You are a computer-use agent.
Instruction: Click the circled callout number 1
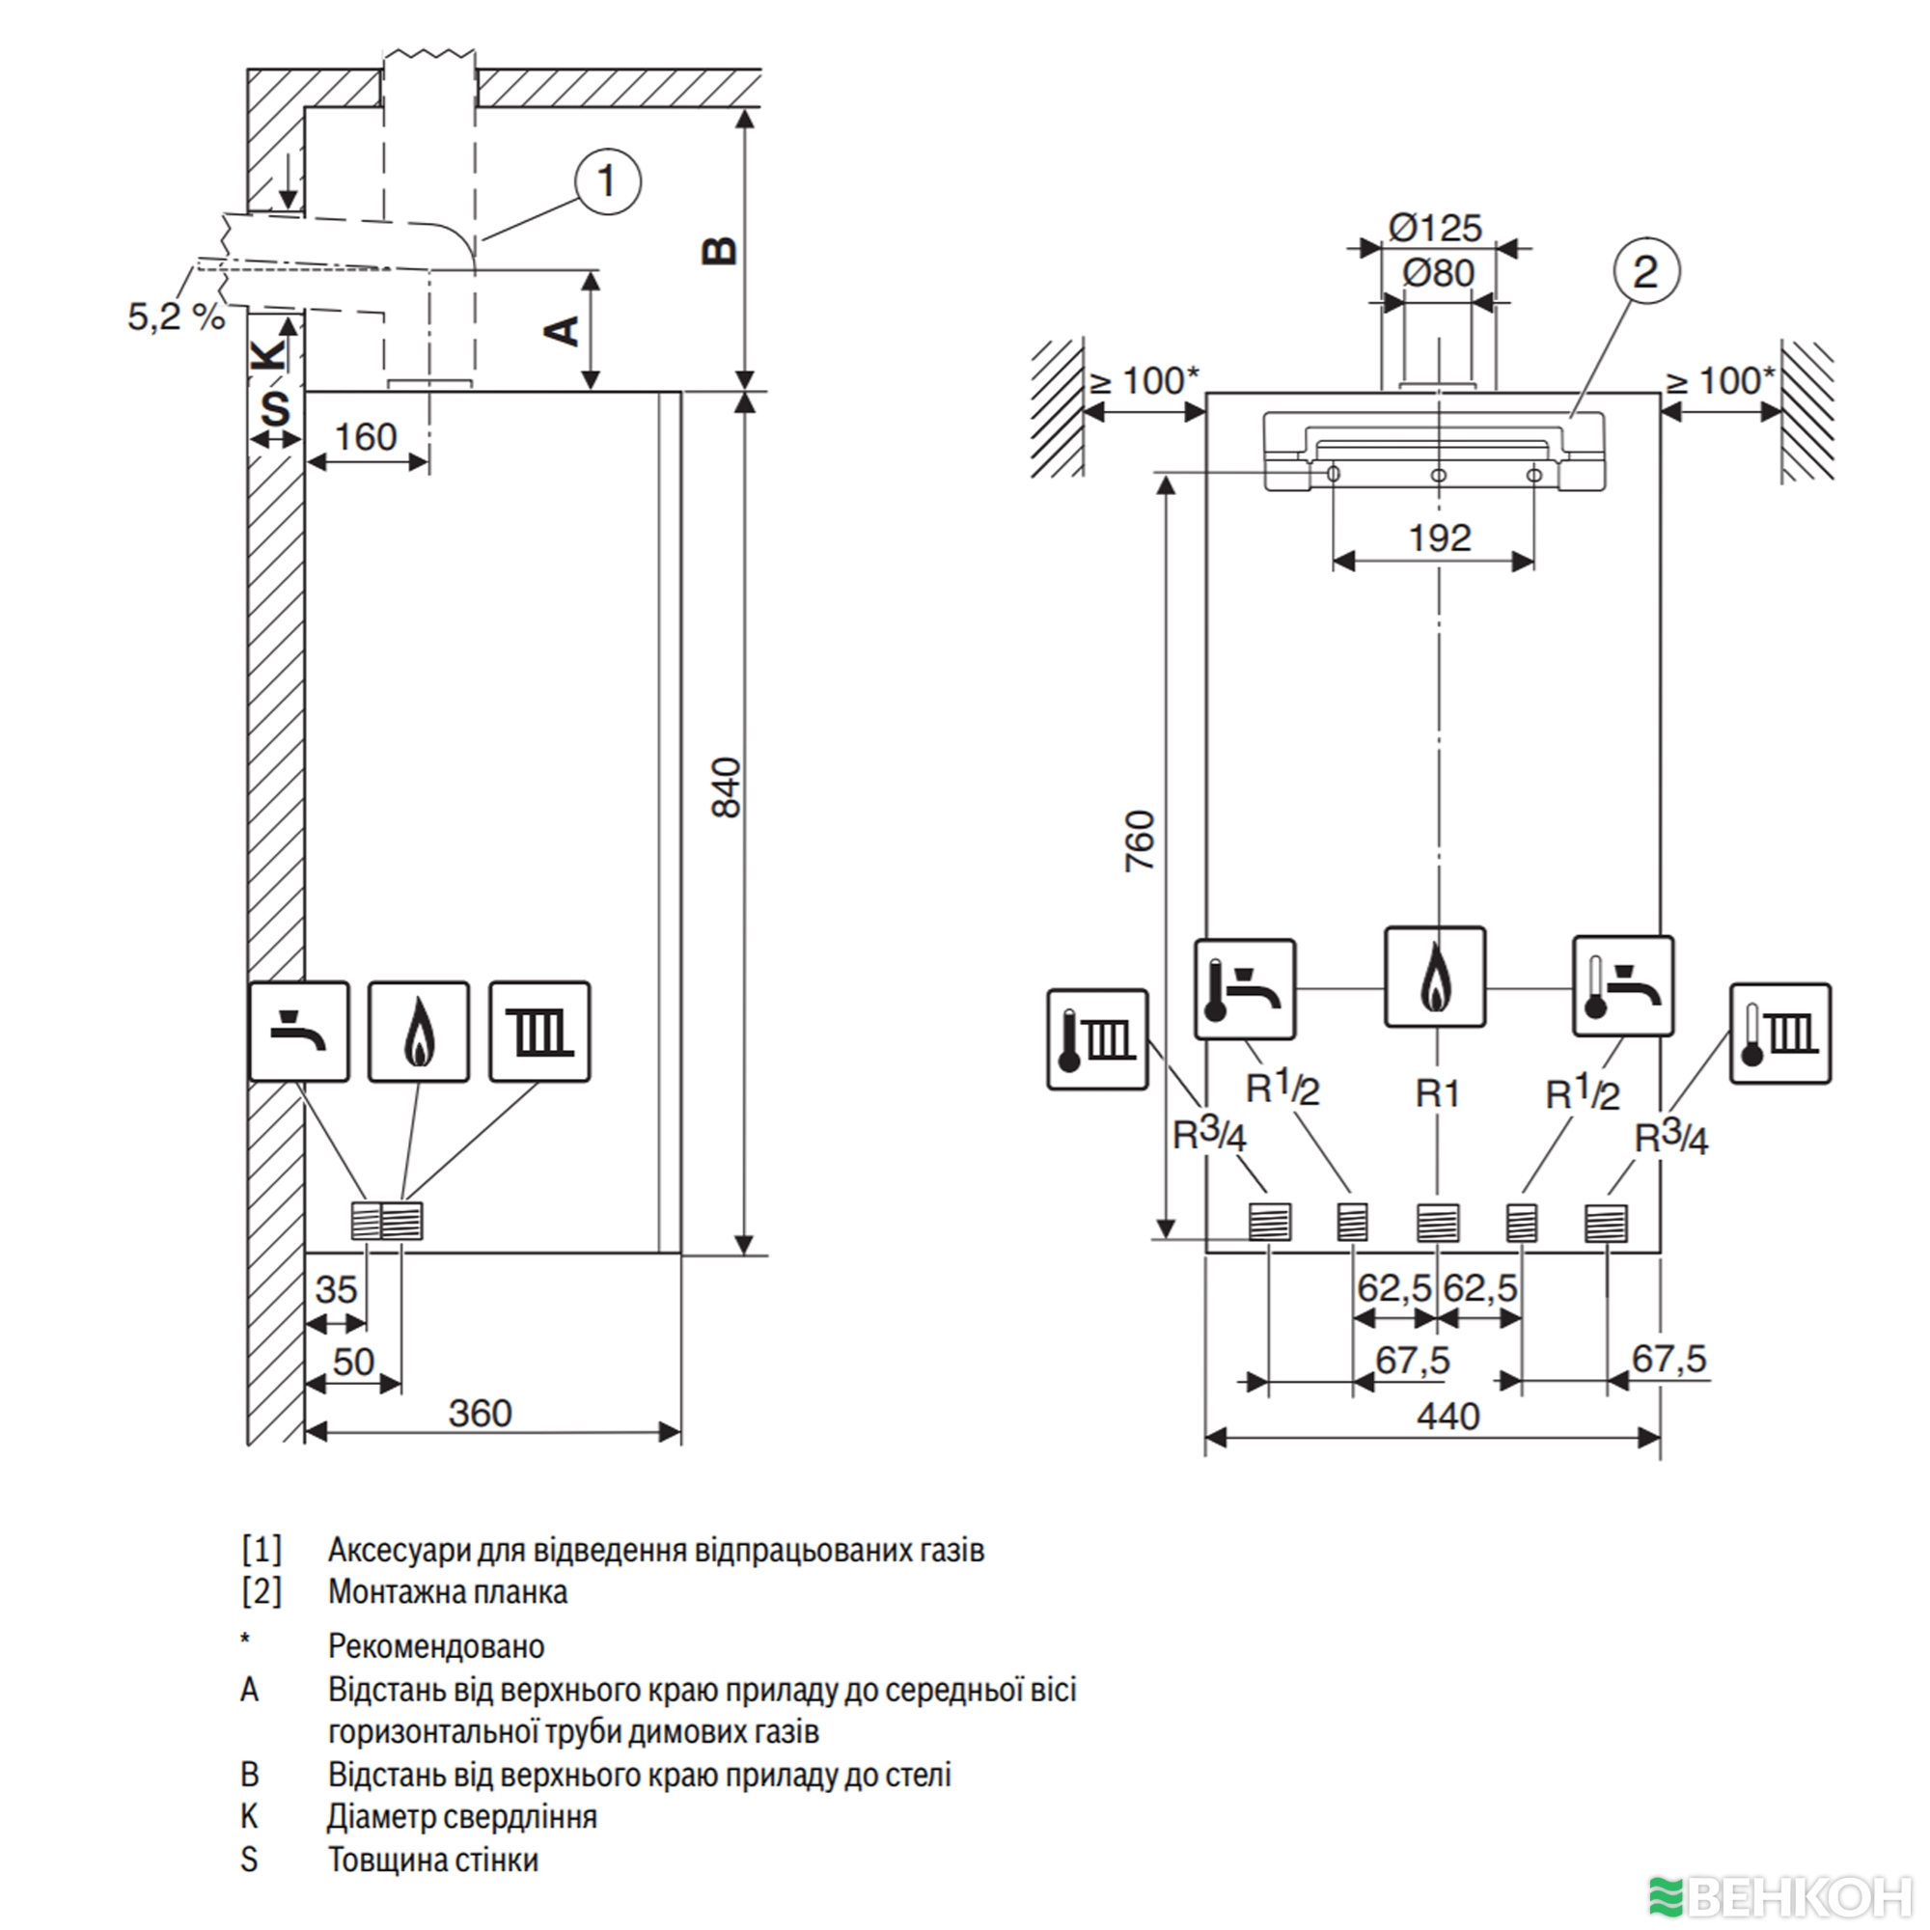coord(607,182)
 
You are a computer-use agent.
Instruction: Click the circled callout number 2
coord(1646,272)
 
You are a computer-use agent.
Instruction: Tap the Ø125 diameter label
coord(1436,228)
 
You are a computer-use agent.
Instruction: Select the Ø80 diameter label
coord(1439,273)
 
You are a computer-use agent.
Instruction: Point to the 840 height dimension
coord(727,789)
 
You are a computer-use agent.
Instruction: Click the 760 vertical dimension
coord(1139,841)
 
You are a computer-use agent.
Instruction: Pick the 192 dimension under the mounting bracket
coord(1440,538)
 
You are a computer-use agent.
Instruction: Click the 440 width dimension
coord(1447,1417)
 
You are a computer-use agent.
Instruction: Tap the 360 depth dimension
coord(480,1413)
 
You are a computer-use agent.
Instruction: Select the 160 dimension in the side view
coord(365,437)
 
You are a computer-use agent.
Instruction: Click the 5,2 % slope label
coord(176,317)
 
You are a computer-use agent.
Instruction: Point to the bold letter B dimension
coord(719,250)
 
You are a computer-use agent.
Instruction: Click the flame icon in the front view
coord(1435,977)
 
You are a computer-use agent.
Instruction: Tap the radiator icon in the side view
coord(539,1032)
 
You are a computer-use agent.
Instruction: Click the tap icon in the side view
coord(299,1032)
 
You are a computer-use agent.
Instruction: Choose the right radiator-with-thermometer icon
coord(1780,1034)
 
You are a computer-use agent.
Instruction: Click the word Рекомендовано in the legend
coord(435,1645)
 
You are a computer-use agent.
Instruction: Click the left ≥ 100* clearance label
coord(1142,380)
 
